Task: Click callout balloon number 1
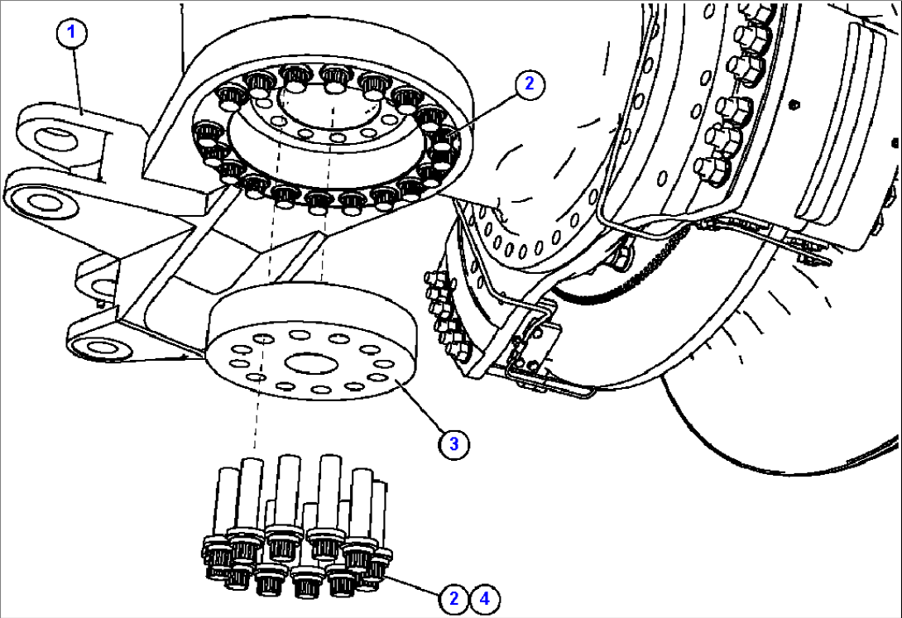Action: pyautogui.click(x=72, y=33)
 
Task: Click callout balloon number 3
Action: pyautogui.click(x=453, y=443)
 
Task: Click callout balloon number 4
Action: pyautogui.click(x=486, y=598)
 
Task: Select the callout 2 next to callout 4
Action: pyautogui.click(x=453, y=598)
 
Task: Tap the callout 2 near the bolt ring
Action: pyautogui.click(x=529, y=83)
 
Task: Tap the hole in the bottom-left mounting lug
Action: pyautogui.click(x=99, y=347)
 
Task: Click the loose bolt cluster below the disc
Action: pyautogui.click(x=298, y=529)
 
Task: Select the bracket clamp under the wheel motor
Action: pyautogui.click(x=530, y=347)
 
